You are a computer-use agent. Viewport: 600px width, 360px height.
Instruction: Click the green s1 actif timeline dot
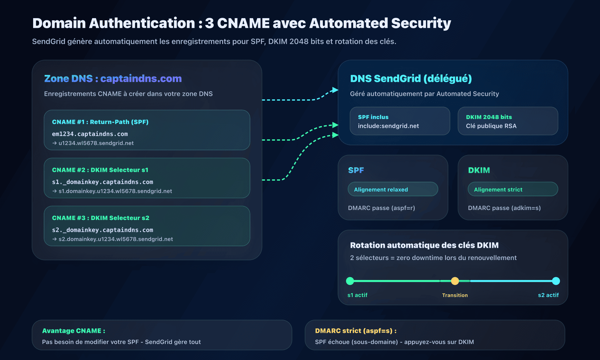coord(350,281)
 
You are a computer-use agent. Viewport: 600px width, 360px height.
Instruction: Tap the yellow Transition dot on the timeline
coord(455,281)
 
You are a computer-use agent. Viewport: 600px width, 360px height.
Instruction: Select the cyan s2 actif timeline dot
coord(556,281)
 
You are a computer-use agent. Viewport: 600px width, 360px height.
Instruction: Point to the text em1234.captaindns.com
coord(90,134)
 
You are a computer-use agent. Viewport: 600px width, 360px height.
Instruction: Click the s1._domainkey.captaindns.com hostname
coord(102,182)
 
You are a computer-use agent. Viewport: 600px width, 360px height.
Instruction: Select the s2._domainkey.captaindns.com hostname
coord(102,230)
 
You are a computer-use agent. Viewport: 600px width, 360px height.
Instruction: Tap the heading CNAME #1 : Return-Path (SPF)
coord(100,122)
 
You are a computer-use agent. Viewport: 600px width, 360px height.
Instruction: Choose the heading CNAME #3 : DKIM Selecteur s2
coord(101,218)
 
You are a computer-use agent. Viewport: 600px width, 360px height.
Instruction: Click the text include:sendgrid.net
coord(388,126)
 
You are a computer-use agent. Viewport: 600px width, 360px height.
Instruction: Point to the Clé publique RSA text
coord(491,126)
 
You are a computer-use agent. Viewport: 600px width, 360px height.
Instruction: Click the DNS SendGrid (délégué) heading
coord(411,78)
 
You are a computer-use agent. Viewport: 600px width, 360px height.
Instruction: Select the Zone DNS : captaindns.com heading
coord(113,78)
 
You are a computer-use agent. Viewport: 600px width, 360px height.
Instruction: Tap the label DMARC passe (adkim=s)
coord(504,208)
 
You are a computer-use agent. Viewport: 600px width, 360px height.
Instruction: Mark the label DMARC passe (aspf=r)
coord(381,208)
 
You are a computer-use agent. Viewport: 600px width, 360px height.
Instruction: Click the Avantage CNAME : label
coord(73,331)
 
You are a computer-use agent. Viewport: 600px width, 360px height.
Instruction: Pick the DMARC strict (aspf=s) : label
coord(356,331)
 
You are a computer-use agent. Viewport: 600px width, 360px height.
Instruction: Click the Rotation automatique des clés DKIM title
coord(424,245)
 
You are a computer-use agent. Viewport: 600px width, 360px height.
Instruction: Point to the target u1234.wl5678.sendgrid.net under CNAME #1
coord(96,143)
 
